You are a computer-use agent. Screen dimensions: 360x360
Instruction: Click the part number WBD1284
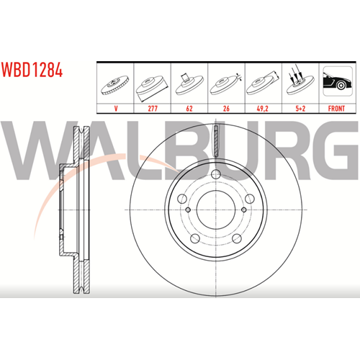(32, 70)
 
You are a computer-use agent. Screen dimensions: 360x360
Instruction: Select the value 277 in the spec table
(153, 109)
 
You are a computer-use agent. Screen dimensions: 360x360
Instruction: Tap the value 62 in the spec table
(189, 109)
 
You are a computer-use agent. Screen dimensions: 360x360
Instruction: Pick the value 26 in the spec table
(226, 109)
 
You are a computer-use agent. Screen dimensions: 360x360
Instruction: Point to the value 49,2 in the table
(262, 109)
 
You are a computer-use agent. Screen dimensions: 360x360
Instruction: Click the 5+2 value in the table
(300, 109)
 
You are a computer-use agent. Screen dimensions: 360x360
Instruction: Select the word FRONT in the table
(336, 109)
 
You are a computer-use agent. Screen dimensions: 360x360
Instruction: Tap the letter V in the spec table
(116, 109)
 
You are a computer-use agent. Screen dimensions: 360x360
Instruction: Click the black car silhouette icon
(338, 81)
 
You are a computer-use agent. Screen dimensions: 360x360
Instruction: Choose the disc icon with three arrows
(300, 81)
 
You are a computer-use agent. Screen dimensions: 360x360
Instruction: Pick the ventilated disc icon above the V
(115, 85)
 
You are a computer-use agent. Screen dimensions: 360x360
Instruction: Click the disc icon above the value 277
(152, 87)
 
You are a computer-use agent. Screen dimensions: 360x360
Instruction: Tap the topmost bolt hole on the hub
(216, 174)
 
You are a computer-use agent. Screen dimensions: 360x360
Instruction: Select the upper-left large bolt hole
(182, 199)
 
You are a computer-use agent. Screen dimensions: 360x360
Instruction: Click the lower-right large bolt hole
(237, 238)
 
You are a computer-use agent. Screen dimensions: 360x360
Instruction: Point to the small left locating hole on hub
(188, 210)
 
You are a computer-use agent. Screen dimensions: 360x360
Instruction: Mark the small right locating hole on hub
(244, 210)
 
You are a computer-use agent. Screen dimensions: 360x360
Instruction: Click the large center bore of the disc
(216, 210)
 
